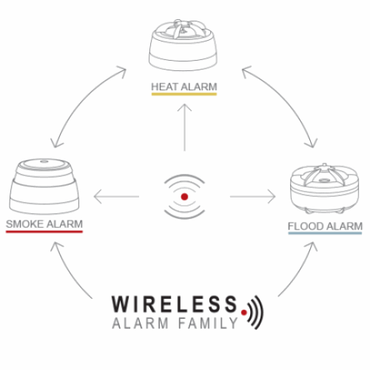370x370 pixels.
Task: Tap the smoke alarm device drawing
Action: [x=44, y=186]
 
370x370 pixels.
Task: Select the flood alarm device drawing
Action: [x=325, y=189]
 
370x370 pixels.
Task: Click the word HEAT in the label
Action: [x=164, y=87]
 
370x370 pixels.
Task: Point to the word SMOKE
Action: [x=24, y=224]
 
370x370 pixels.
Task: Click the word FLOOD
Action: [x=306, y=226]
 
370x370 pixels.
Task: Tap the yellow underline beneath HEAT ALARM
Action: [x=184, y=94]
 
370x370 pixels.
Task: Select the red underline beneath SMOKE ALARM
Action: [x=44, y=232]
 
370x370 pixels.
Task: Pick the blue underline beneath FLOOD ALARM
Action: [x=325, y=233]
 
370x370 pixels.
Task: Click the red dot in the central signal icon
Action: [x=184, y=197]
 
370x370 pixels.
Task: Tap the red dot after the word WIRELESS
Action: [x=244, y=312]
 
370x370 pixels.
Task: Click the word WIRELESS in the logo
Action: [x=175, y=304]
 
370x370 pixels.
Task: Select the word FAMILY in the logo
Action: [x=208, y=323]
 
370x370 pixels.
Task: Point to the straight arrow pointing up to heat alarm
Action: [x=184, y=127]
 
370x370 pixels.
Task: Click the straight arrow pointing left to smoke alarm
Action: [x=116, y=197]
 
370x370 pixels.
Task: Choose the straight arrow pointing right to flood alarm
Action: [x=253, y=197]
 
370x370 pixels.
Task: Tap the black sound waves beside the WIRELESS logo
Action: [x=256, y=312]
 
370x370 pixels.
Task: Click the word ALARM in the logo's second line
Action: [x=140, y=323]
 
